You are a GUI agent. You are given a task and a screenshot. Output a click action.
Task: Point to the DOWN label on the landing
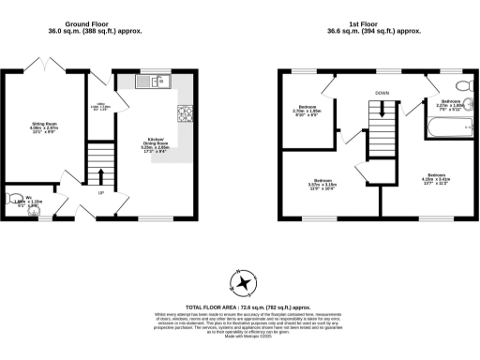point(382,93)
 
